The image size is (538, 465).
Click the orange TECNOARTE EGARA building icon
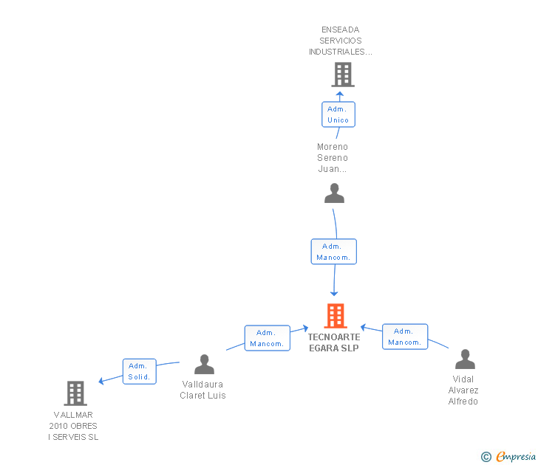pos(336,316)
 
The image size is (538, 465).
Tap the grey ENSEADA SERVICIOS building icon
pos(342,75)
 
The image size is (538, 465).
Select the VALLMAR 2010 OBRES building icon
pos(75,393)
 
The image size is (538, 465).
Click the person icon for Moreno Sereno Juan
pos(335,193)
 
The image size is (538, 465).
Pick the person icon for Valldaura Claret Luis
pos(204,364)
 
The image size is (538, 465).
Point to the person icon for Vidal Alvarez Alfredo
pos(465,359)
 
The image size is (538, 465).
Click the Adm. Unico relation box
pos(338,114)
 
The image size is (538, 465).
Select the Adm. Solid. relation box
pos(139,371)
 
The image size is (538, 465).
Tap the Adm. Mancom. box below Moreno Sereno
pos(333,252)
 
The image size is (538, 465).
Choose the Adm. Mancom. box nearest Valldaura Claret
pos(267,338)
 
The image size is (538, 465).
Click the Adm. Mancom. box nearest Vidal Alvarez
pos(405,337)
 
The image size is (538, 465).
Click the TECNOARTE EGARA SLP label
pos(334,342)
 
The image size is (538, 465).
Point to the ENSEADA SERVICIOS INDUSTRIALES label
pos(341,41)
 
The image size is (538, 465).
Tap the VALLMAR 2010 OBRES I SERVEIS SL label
pos(73,426)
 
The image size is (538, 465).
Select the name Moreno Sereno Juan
pos(333,157)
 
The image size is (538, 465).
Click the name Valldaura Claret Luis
pos(203,390)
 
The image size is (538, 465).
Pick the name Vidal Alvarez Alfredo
pos(463,390)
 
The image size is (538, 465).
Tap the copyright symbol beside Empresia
pos(486,457)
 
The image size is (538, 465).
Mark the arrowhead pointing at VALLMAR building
pos(102,381)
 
